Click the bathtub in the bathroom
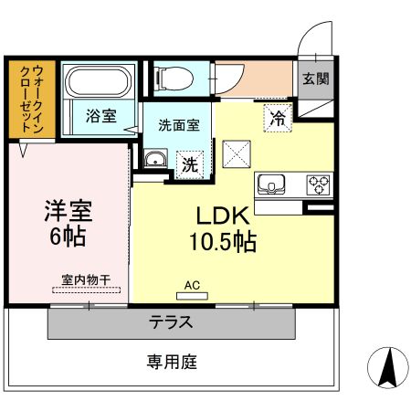[x=99, y=81]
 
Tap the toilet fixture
[x=174, y=79]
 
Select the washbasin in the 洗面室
[x=155, y=159]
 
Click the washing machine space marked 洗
[x=190, y=164]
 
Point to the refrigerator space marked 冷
[x=278, y=118]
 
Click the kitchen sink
[x=271, y=184]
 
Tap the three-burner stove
[x=318, y=184]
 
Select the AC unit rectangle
[x=192, y=296]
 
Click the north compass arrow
[x=388, y=368]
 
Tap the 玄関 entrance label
[x=316, y=79]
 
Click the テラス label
[x=171, y=322]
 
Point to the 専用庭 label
[x=172, y=362]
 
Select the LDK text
[x=223, y=216]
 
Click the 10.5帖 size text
[x=223, y=241]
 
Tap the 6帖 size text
[x=68, y=237]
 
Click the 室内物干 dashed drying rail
[x=86, y=290]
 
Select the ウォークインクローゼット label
[x=32, y=100]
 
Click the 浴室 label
[x=101, y=116]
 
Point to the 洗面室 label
[x=179, y=125]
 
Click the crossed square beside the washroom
[x=237, y=154]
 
